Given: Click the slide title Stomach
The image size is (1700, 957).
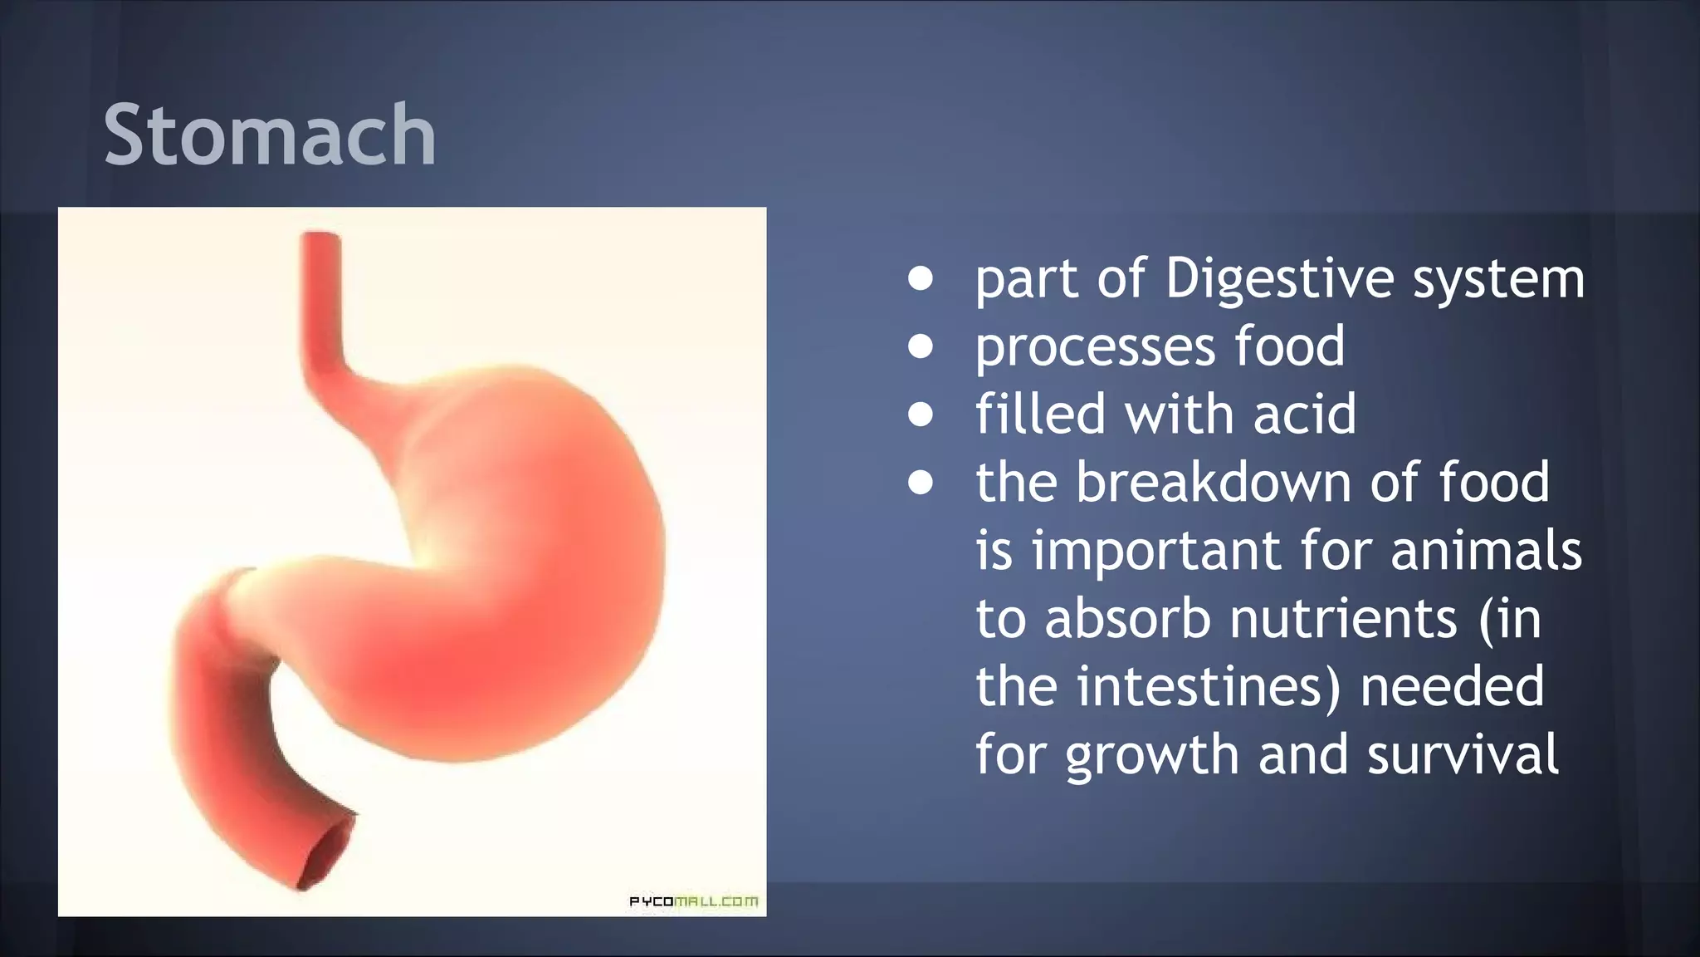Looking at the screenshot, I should (270, 135).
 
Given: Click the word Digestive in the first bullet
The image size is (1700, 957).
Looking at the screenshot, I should (1279, 278).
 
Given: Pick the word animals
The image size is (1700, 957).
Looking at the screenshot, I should (1486, 551).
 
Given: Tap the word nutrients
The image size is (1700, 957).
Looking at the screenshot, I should (1342, 619).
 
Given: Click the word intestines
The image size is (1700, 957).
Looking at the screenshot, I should (1209, 687).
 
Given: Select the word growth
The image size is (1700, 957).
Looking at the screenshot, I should (1151, 756).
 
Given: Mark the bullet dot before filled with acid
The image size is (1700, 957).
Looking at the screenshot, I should (920, 414).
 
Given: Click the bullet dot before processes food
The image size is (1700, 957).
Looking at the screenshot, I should (920, 346).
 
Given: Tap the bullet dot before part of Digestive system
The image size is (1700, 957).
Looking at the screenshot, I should (920, 278).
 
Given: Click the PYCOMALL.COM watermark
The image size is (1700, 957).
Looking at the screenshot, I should (693, 901).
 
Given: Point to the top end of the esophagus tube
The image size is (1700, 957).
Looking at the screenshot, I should (320, 238).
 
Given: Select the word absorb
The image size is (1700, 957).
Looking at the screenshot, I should (1127, 619).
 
